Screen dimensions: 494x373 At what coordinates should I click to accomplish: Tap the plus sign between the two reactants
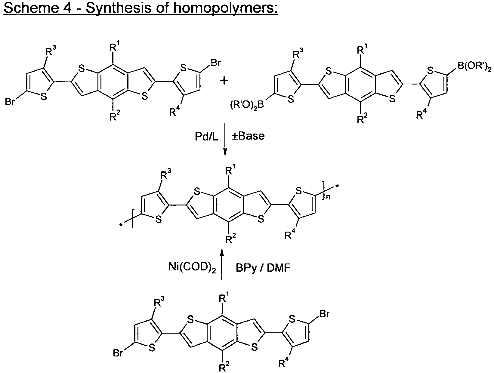[x=224, y=81]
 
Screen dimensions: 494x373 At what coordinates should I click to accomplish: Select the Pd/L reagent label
[x=206, y=136]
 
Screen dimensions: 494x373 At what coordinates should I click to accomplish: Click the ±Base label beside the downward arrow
[x=248, y=136]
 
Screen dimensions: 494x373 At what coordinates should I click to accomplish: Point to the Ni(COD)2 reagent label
[x=192, y=267]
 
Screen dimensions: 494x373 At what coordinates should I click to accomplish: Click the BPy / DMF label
[x=263, y=268]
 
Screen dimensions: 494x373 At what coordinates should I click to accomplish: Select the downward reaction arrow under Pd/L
[x=225, y=139]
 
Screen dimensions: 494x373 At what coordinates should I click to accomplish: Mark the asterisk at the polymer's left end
[x=121, y=225]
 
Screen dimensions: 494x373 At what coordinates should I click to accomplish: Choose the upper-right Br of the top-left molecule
[x=215, y=63]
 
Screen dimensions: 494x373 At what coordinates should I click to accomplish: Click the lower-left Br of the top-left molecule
[x=10, y=102]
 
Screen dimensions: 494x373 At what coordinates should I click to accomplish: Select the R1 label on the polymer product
[x=230, y=171]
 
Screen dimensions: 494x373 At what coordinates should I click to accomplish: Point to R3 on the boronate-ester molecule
[x=298, y=54]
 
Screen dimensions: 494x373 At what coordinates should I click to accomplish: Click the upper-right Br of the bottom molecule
[x=324, y=314]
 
